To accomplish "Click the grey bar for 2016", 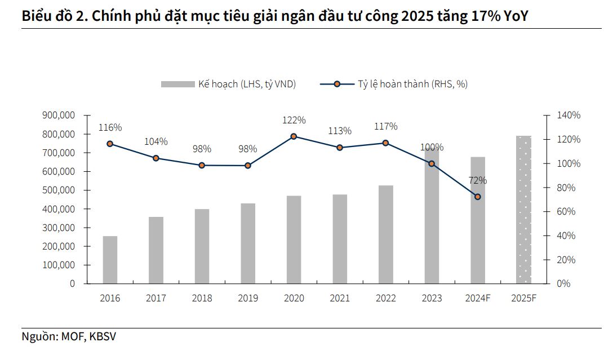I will point(110,260).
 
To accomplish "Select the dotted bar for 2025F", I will point(524,210).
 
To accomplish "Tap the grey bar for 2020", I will point(294,239).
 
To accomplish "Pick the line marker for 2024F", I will point(478,197).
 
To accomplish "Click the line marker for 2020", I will point(294,136).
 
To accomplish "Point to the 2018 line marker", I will point(202,166).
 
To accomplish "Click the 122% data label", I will point(294,120).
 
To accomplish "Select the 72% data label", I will point(478,181).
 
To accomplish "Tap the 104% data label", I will point(156,142).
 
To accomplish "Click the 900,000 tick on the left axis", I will point(59,115).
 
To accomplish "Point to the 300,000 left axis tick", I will point(59,228).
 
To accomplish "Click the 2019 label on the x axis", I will point(247,298).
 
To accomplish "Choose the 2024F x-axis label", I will point(478,298).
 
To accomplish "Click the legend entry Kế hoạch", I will point(246,84).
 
